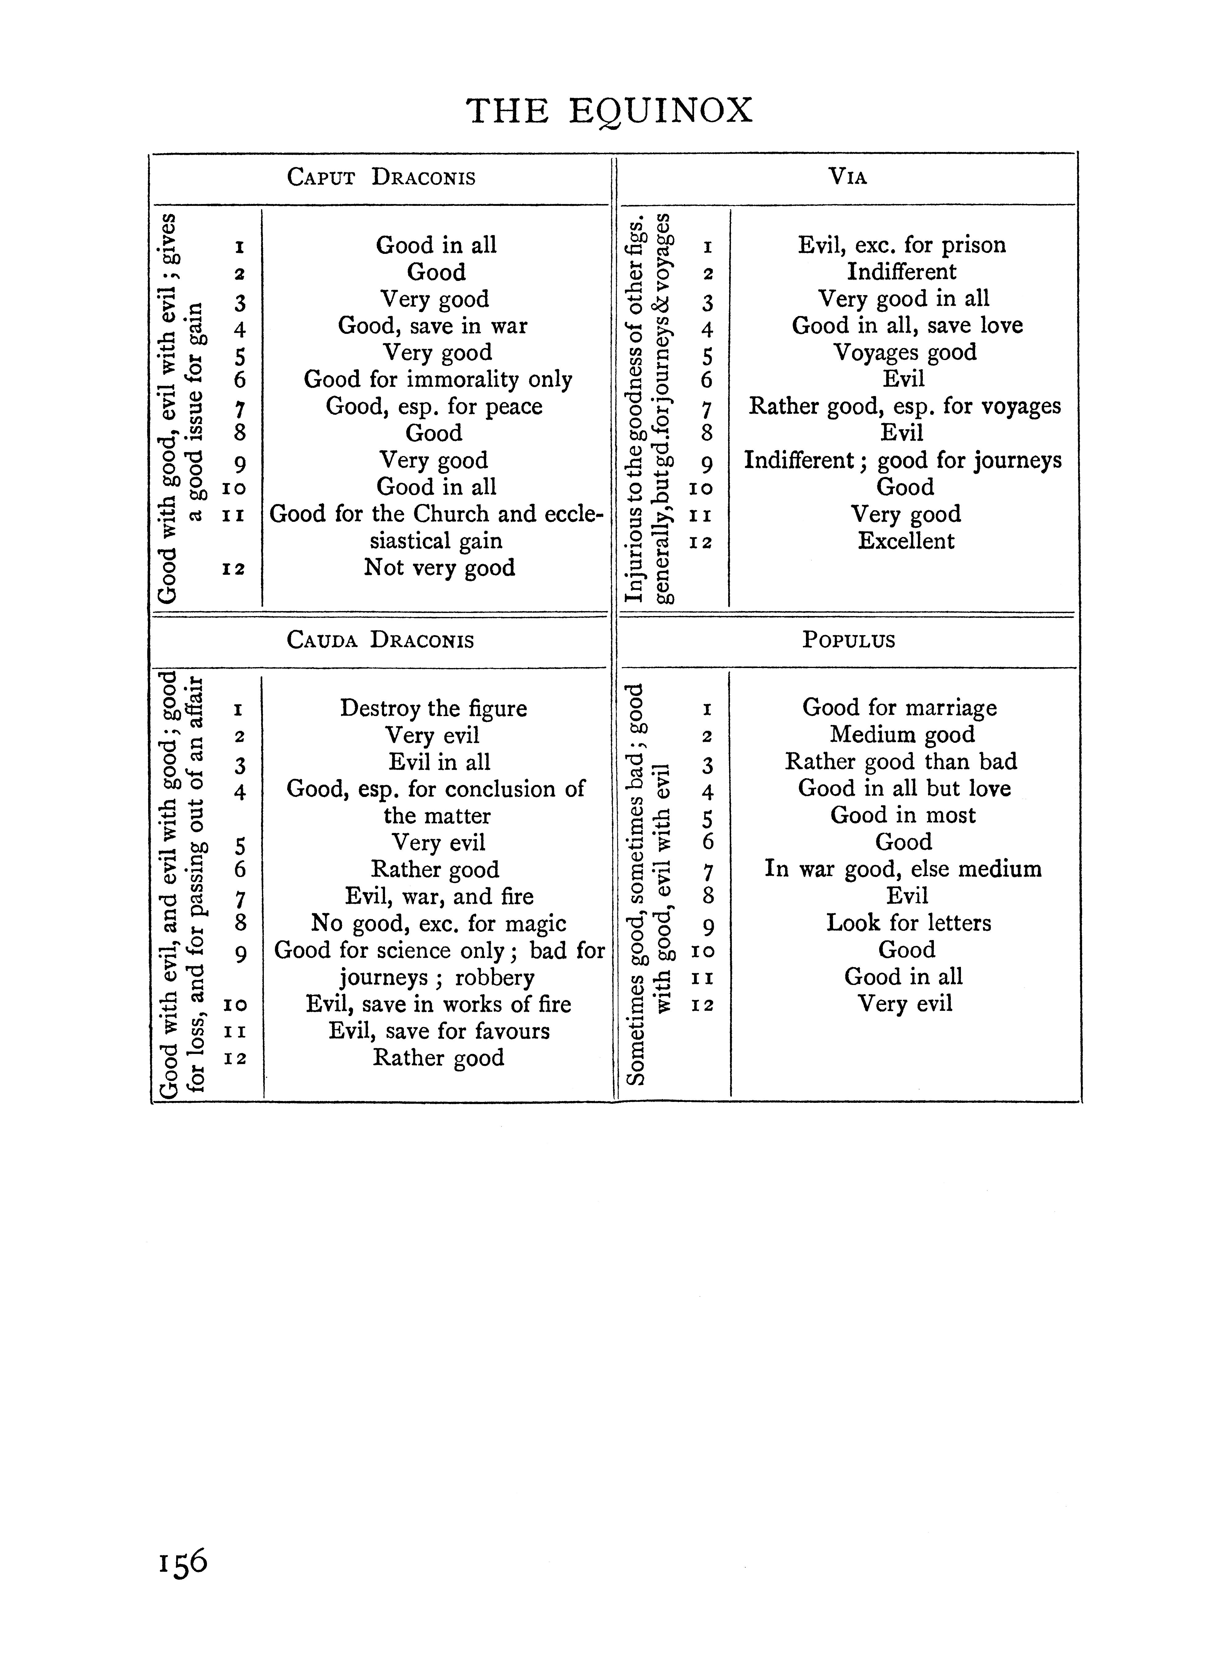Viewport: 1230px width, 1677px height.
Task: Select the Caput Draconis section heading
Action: (381, 178)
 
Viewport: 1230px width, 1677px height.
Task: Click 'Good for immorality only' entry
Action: (438, 380)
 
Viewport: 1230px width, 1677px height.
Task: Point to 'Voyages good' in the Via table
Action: (905, 352)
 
